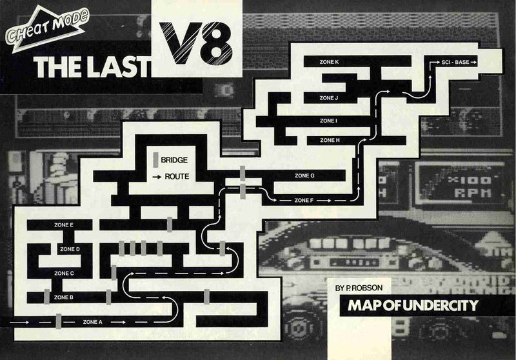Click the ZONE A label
pos(93,321)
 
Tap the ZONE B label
pos(63,297)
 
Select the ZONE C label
pos(63,273)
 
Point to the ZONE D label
pos(69,248)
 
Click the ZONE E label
pos(63,225)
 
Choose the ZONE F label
pos(304,200)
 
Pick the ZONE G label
pos(304,175)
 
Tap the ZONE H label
pos(329,140)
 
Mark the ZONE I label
pos(328,121)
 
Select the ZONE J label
pos(328,98)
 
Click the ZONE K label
pos(328,62)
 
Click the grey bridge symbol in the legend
pos(155,159)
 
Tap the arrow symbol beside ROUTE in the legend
pos(155,175)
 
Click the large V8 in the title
pos(197,45)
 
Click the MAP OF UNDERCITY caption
pos(413,305)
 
